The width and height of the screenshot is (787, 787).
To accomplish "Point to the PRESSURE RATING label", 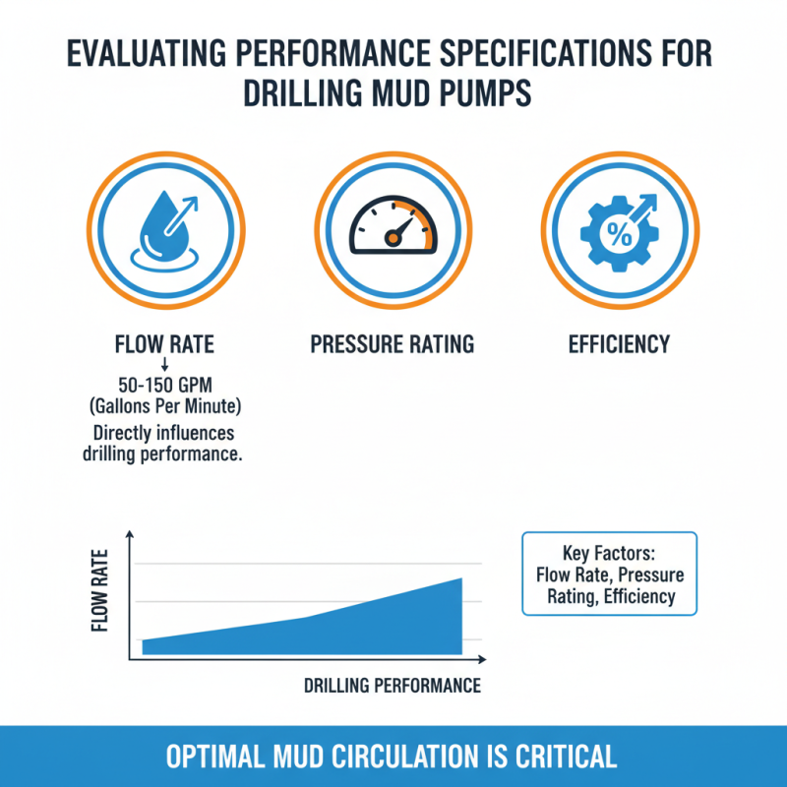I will [x=393, y=344].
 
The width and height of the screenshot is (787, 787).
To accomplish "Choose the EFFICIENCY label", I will [x=619, y=344].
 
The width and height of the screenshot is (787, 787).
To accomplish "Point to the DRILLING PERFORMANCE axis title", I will [x=393, y=686].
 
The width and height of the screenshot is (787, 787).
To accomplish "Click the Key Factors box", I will [x=608, y=574].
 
